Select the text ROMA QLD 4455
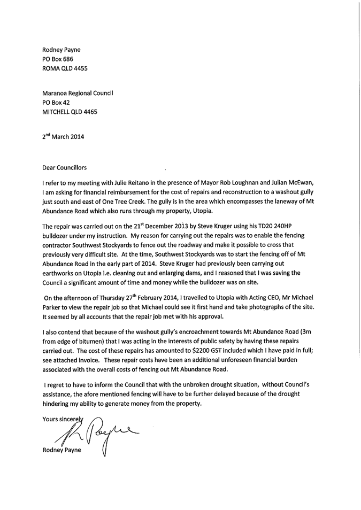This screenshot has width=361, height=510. [65, 68]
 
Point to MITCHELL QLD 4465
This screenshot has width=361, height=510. [69, 112]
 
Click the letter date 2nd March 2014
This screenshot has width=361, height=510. [63, 136]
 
